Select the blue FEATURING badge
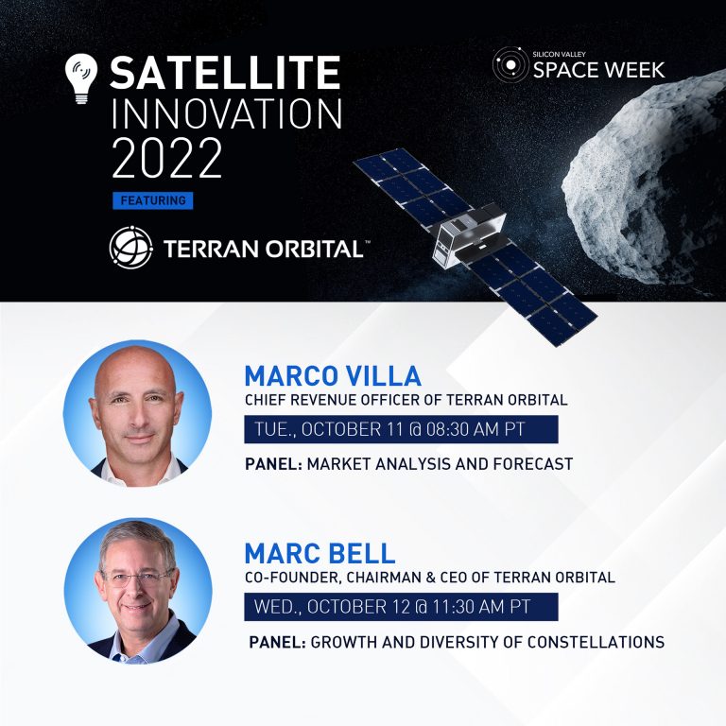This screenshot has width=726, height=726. (x=152, y=200)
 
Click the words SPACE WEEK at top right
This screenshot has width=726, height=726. (x=597, y=70)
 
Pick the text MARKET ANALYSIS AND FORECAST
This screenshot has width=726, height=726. (x=440, y=464)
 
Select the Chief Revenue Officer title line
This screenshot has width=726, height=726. (x=406, y=400)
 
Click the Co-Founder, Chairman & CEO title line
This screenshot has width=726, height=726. (x=429, y=577)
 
